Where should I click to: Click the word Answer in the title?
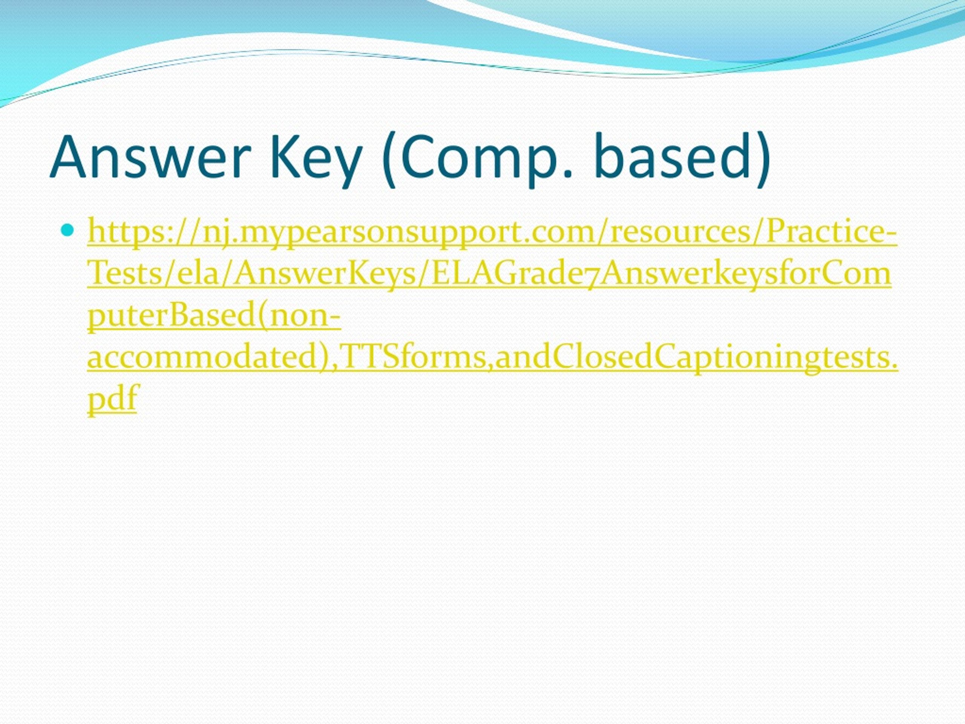click(x=150, y=158)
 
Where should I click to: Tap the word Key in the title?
click(x=316, y=158)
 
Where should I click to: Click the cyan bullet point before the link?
click(x=67, y=230)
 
